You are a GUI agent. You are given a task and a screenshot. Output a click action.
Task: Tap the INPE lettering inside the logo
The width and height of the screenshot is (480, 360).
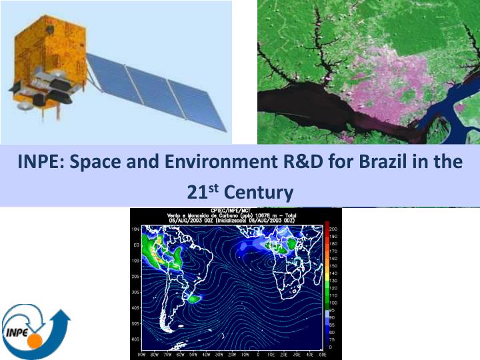pos(18,332)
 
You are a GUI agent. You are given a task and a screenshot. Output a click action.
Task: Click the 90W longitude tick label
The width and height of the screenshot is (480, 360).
pos(141,354)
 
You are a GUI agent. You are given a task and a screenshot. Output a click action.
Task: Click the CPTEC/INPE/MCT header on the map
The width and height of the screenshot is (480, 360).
pos(235,212)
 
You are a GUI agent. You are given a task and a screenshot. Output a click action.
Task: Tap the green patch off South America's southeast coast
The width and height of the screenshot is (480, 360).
pos(193,299)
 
